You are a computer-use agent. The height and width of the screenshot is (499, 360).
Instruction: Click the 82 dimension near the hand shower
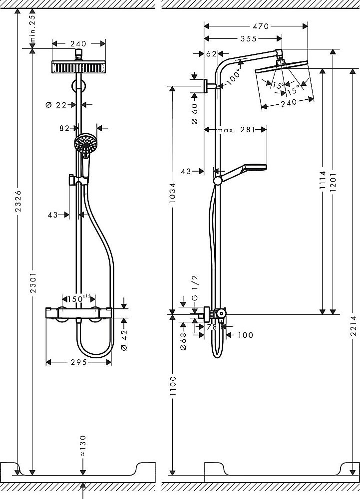(64, 128)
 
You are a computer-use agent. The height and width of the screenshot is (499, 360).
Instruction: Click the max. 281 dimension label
(235, 130)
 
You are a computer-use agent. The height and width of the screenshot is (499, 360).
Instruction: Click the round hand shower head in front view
(84, 143)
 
